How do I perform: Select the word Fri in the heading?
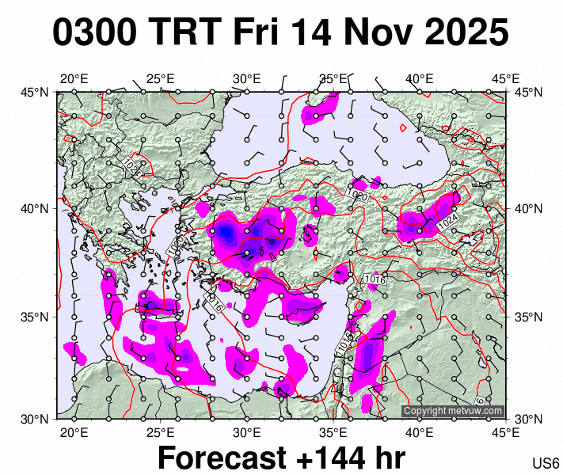click(x=258, y=33)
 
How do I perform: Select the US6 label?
click(x=546, y=463)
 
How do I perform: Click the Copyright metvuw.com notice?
click(x=452, y=411)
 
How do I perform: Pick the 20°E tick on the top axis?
click(x=74, y=78)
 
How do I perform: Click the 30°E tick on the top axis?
click(x=247, y=78)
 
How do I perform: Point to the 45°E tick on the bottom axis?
click(x=505, y=432)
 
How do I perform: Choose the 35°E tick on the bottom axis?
click(x=333, y=432)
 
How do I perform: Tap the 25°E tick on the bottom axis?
click(x=161, y=432)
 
